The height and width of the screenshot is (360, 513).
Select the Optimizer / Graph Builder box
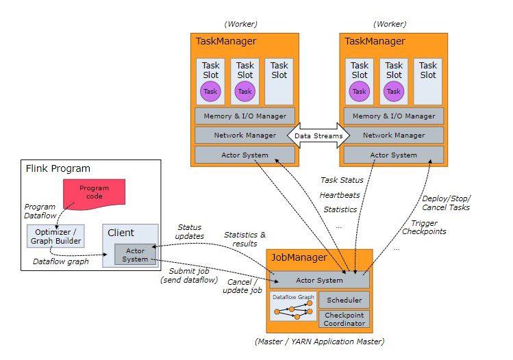(55, 236)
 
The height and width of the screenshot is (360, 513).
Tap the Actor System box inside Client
(135, 255)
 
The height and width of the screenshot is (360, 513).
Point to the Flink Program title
(58, 168)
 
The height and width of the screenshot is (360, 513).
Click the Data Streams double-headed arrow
(318, 136)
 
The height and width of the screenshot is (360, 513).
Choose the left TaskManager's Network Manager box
(245, 136)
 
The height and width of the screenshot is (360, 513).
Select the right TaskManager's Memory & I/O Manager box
(393, 116)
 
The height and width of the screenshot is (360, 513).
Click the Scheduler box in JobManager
(344, 300)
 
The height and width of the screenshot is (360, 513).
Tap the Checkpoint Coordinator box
(344, 318)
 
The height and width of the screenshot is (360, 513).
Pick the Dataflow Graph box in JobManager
(292, 309)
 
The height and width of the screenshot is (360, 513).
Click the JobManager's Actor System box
(319, 280)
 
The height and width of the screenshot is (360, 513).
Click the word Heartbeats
(340, 194)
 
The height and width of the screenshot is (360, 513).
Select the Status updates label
(190, 231)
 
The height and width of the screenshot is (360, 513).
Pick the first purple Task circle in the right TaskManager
(359, 91)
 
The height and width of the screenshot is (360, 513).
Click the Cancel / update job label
(242, 286)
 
